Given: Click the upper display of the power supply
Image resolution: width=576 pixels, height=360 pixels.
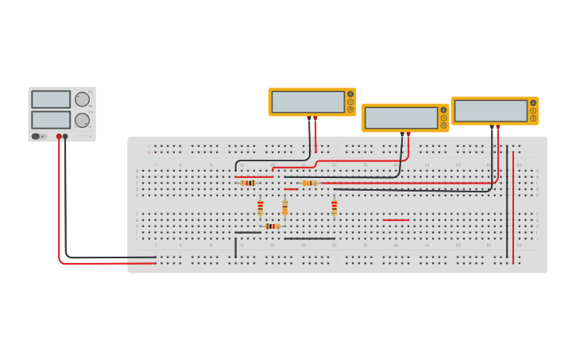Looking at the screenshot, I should point(51,99).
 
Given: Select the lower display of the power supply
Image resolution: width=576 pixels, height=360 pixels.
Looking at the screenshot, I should point(51,120).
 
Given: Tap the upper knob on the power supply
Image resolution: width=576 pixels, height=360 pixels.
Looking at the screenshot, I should point(82,99).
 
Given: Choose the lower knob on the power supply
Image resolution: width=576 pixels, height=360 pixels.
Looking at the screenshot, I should point(82,120).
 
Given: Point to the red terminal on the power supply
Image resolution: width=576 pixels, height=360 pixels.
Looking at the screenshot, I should point(59,137).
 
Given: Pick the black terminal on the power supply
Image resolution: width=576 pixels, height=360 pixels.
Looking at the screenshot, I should point(65,137).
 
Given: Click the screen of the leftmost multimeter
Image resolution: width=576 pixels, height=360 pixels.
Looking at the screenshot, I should point(307,102).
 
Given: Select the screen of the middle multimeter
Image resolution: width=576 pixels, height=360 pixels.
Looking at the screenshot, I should point(401,118).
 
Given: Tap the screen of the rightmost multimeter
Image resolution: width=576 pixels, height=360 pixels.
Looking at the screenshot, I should point(490,110).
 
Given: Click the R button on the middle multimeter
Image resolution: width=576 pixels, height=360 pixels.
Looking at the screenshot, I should point(443,125).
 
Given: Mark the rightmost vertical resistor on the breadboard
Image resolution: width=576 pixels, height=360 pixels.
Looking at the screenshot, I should point(334,207).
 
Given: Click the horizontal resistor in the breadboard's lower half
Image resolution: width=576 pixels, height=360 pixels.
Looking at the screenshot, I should point(272,226).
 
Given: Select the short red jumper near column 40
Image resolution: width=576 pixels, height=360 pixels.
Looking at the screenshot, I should point(396,220).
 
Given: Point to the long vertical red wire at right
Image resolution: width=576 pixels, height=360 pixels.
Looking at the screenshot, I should point(513,207).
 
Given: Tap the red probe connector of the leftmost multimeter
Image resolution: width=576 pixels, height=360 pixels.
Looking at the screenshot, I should point(315,118).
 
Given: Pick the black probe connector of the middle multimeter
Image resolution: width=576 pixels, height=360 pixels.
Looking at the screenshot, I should point(402,134).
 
